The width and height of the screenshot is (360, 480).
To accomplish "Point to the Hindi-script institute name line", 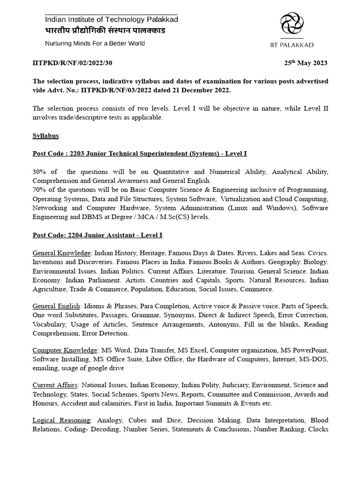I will pyautogui.click(x=105, y=30).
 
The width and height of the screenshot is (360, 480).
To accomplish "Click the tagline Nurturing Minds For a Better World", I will pyautogui.click(x=95, y=43).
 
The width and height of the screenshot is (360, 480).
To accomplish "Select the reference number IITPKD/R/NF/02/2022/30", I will pyautogui.click(x=72, y=63).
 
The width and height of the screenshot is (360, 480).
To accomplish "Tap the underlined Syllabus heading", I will pyautogui.click(x=45, y=135).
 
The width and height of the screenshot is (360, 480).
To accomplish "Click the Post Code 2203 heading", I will pyautogui.click(x=139, y=153).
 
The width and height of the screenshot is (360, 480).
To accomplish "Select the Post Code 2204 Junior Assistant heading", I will pyautogui.click(x=97, y=235).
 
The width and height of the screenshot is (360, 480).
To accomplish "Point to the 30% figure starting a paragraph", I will pyautogui.click(x=39, y=172).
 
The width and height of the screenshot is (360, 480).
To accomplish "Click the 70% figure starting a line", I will pyautogui.click(x=39, y=189).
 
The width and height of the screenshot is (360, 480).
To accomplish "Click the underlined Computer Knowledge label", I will pyautogui.click(x=65, y=350).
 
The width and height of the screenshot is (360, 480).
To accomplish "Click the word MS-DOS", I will pyautogui.click(x=315, y=359).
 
